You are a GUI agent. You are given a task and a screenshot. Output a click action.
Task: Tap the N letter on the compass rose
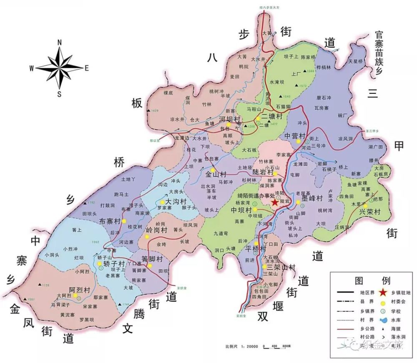coord(59,42)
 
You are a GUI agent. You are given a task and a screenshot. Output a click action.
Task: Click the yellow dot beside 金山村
coord(213,170)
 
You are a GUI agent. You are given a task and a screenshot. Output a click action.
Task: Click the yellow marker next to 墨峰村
coord(299,203)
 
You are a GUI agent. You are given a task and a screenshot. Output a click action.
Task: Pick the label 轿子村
coord(114,264)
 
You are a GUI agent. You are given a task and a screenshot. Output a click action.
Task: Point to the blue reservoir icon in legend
coord(382,320)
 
